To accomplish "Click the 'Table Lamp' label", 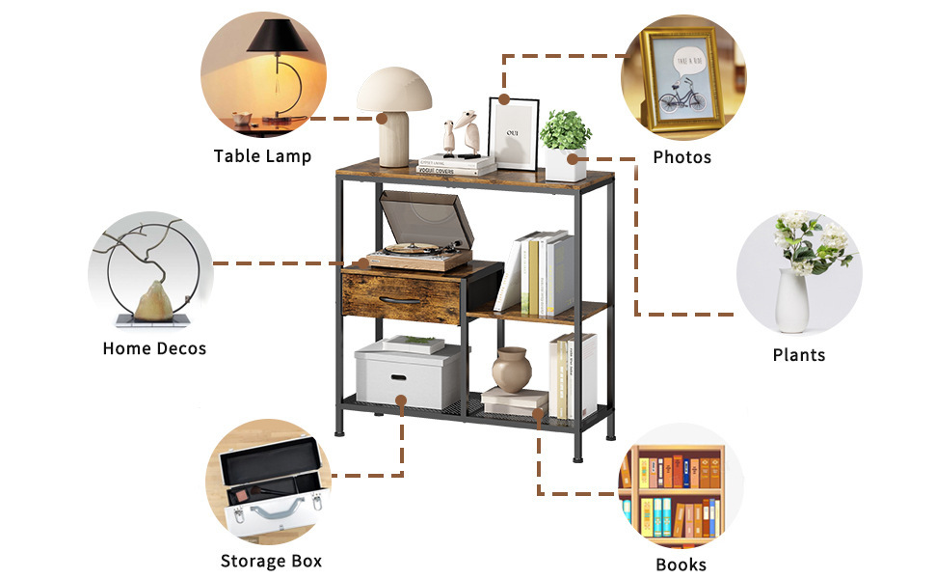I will pos(262,156).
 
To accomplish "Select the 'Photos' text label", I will pos(681,157).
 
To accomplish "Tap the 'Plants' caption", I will pos(799,355).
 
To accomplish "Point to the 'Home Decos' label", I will pos(154,348).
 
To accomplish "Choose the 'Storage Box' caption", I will pos(271,561).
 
